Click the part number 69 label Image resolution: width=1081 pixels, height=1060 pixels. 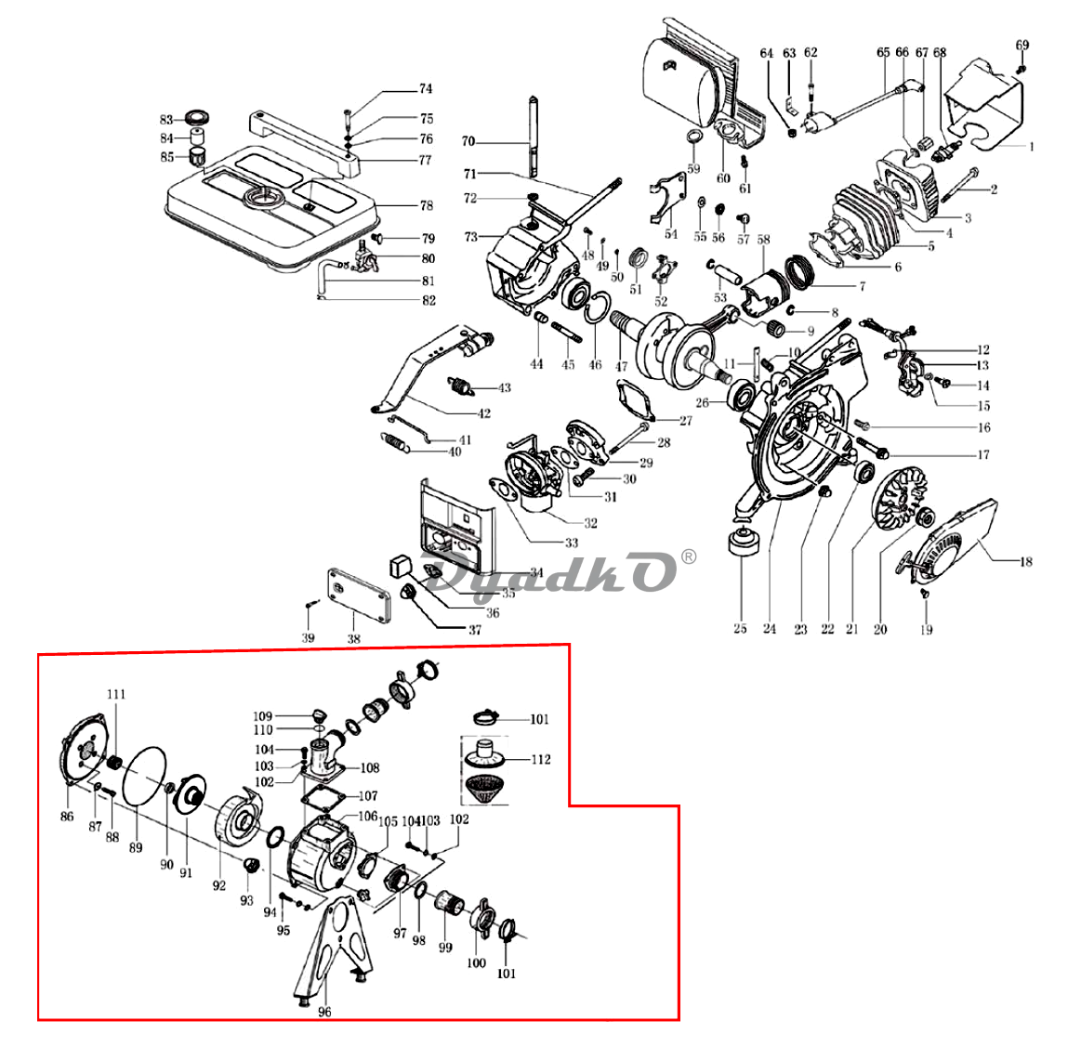click(1022, 45)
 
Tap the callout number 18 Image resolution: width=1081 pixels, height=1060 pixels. click(1026, 562)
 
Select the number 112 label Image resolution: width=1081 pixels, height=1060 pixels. click(541, 760)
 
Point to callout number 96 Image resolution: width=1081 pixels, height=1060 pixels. click(324, 1012)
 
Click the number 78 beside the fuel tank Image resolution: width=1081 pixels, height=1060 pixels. click(427, 205)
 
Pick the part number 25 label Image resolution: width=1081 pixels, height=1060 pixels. click(740, 629)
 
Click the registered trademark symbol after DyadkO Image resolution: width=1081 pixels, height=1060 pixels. click(688, 556)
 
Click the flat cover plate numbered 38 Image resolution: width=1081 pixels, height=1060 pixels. click(359, 595)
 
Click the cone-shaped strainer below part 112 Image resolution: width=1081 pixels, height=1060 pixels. click(484, 789)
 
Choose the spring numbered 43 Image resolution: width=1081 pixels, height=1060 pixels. click(461, 386)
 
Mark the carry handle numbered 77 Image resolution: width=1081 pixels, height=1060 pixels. click(304, 141)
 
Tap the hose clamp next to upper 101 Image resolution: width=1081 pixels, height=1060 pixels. click(486, 717)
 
